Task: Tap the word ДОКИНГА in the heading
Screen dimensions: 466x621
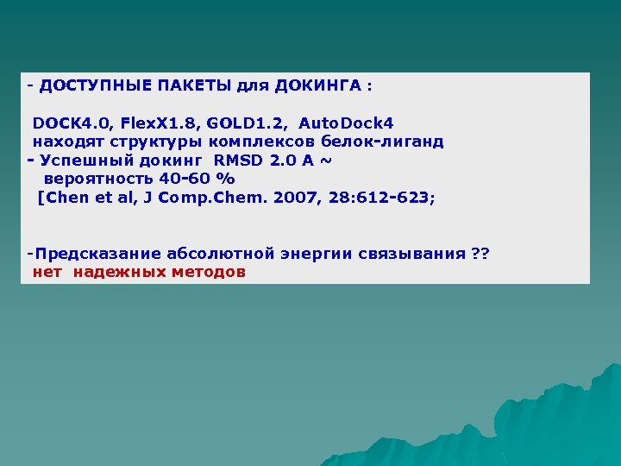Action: click(x=317, y=86)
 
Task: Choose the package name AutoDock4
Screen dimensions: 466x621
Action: click(x=346, y=124)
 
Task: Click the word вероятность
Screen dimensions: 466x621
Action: click(x=94, y=179)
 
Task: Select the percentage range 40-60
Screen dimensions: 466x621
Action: click(x=184, y=179)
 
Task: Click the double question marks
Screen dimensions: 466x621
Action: click(x=481, y=254)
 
